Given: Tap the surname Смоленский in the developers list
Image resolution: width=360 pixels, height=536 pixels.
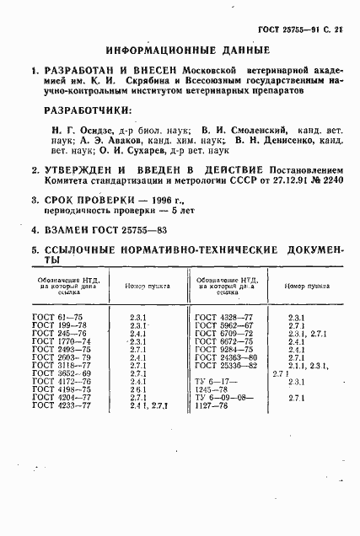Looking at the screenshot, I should click(x=253, y=130).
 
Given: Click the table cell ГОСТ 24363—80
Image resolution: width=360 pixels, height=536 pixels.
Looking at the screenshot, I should click(x=225, y=356).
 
